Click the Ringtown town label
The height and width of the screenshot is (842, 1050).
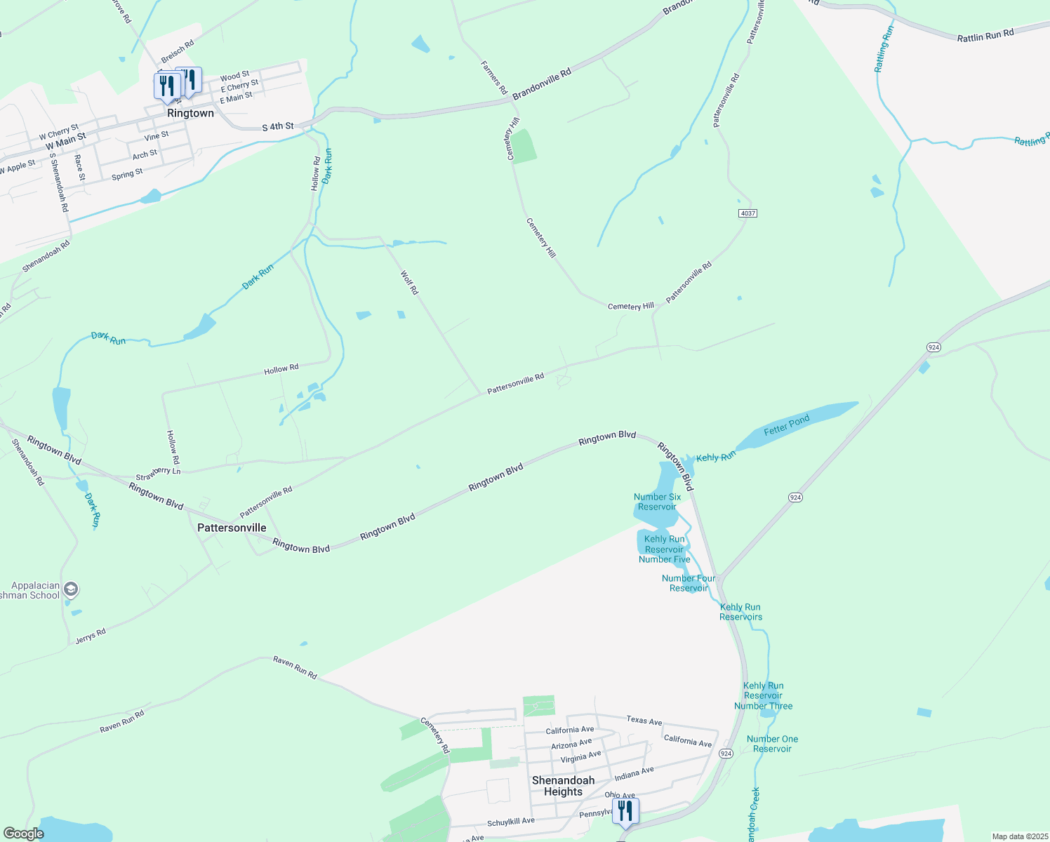(190, 113)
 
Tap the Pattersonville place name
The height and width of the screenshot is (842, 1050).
(232, 528)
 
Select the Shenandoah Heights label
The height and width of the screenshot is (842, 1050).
(563, 786)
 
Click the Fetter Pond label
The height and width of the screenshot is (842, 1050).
(786, 425)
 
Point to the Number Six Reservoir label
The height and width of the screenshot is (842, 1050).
(657, 502)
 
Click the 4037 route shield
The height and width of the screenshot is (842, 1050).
(747, 213)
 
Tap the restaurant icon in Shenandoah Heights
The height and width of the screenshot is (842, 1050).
(625, 810)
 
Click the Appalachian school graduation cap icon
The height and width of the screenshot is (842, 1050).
(70, 589)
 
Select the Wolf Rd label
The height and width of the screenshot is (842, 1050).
(409, 282)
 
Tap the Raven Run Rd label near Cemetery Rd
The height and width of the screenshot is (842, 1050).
(295, 668)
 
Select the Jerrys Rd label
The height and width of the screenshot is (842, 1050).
(91, 636)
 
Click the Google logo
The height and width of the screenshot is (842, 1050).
(23, 834)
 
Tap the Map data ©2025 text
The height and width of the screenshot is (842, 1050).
(1019, 836)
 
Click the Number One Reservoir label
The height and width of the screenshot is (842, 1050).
(772, 744)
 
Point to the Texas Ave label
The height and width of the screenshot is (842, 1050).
(644, 721)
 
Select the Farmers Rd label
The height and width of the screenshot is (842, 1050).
(493, 78)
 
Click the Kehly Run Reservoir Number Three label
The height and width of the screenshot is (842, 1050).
(763, 696)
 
